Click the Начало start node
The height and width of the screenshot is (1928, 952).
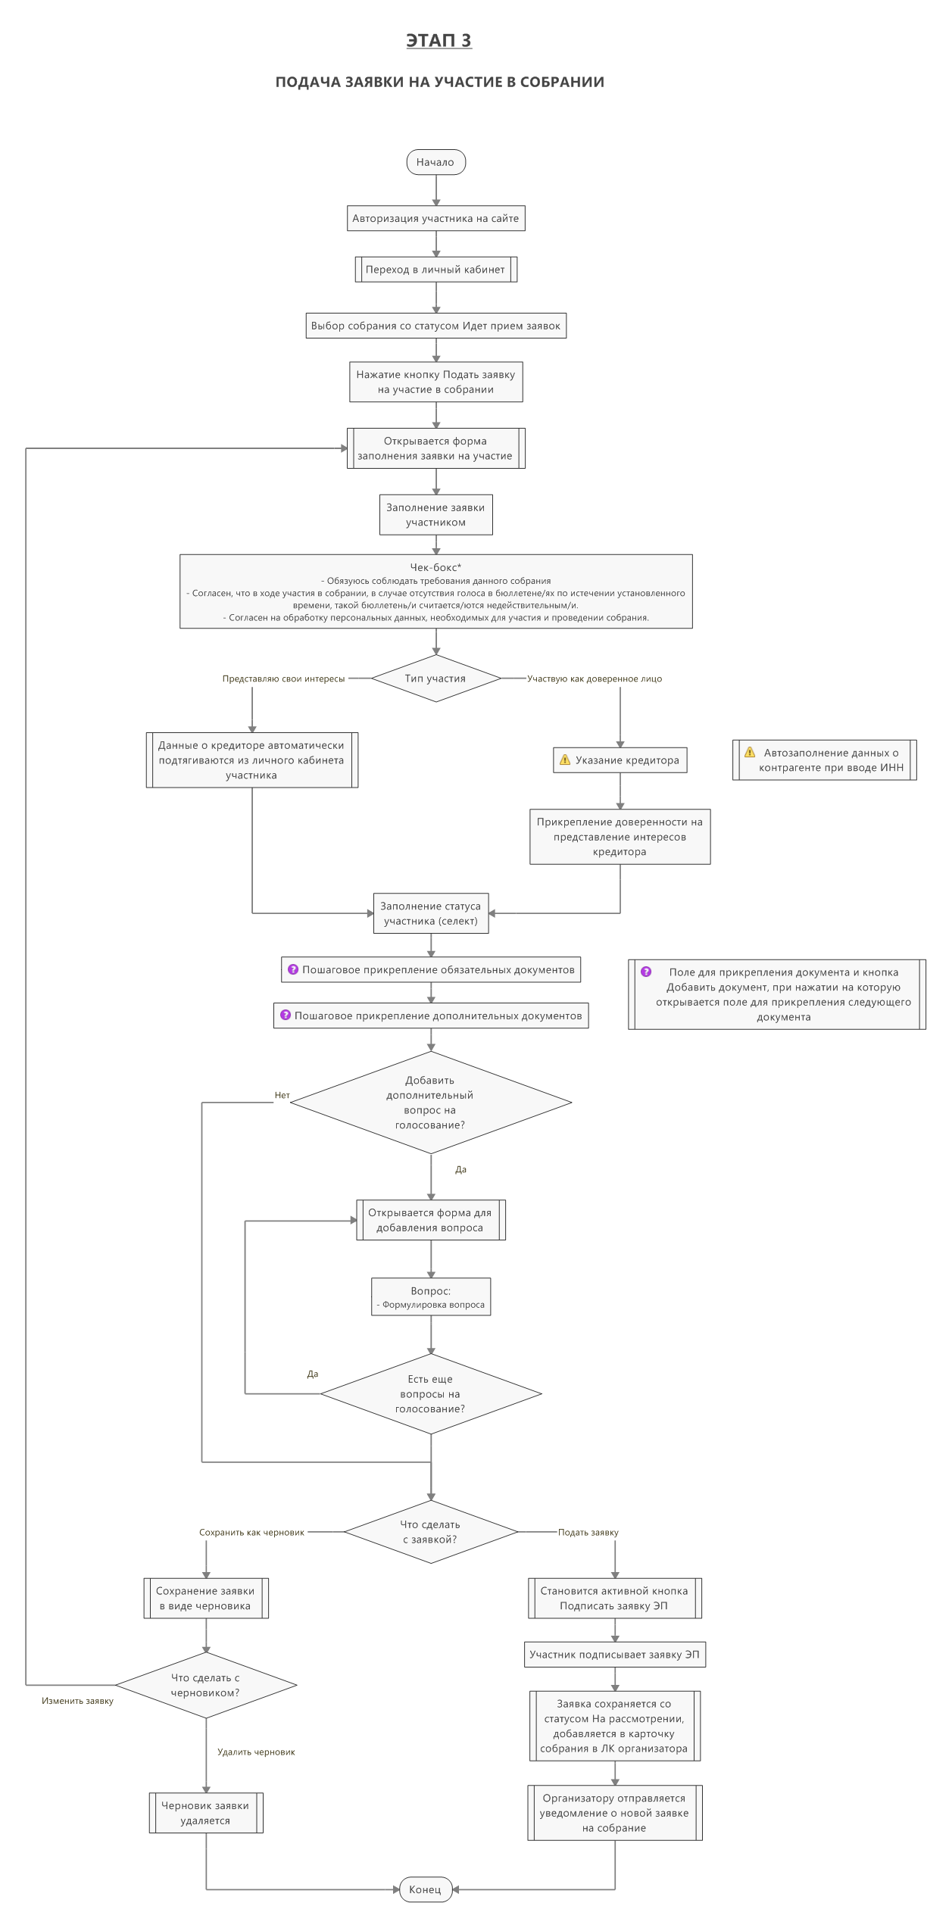tap(435, 162)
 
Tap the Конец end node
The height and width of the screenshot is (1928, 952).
tap(426, 1889)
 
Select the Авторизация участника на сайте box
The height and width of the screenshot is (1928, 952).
tap(435, 219)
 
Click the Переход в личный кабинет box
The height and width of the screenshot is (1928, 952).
tap(435, 270)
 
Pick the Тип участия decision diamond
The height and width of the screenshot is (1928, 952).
tap(435, 679)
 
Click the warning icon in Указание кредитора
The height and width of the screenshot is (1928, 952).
tap(565, 760)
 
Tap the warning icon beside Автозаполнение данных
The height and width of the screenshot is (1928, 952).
tap(750, 752)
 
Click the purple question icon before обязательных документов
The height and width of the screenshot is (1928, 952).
tap(293, 969)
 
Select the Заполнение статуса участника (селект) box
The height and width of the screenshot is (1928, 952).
tap(431, 913)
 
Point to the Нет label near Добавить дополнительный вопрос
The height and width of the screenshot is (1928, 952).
tap(282, 1095)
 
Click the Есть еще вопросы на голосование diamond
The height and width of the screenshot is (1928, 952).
tap(431, 1393)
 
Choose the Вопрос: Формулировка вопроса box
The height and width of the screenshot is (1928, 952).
tap(431, 1297)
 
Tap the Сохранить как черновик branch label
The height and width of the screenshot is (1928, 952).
tap(251, 1532)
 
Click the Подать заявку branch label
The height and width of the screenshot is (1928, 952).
tap(588, 1532)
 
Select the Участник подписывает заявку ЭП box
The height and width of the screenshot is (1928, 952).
tap(614, 1655)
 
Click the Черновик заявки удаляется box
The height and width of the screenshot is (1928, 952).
tap(206, 1813)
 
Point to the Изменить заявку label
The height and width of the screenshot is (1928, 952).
tap(77, 1701)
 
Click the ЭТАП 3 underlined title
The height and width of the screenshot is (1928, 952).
tap(439, 40)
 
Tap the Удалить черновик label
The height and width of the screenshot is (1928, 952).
tap(256, 1752)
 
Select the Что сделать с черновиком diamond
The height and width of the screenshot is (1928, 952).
tap(206, 1685)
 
